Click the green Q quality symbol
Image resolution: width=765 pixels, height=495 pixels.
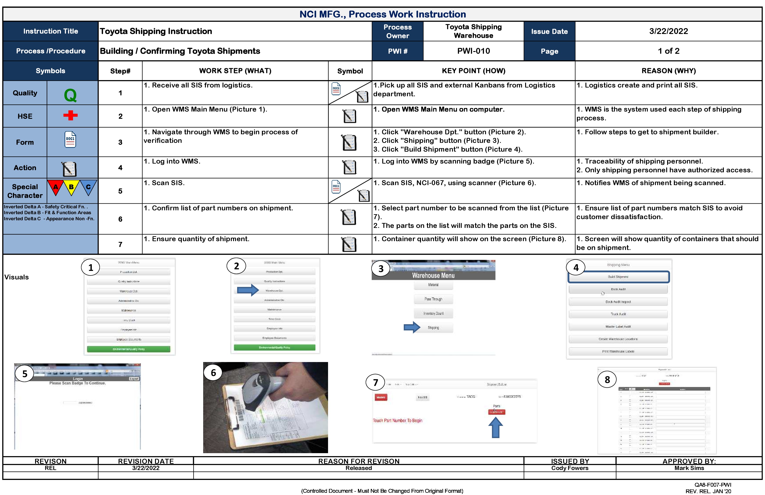pyautogui.click(x=70, y=95)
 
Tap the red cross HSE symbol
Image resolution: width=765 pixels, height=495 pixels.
pyautogui.click(x=70, y=115)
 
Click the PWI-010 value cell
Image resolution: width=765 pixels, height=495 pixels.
pyautogui.click(x=473, y=51)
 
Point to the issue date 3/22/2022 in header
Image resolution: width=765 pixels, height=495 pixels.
pyautogui.click(x=668, y=31)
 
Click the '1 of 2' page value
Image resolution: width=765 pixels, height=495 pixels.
pyautogui.click(x=668, y=51)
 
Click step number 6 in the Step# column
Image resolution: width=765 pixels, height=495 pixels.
pyautogui.click(x=120, y=219)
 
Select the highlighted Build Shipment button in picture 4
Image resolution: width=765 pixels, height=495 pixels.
pyautogui.click(x=618, y=277)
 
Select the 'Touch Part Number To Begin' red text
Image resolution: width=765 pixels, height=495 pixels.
pyautogui.click(x=398, y=421)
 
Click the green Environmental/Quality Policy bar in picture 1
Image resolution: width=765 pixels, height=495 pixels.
pyautogui.click(x=128, y=349)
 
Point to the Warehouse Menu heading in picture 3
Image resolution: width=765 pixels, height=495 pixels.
pyautogui.click(x=433, y=275)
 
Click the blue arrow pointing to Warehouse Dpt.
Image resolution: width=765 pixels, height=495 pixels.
pyautogui.click(x=247, y=290)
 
